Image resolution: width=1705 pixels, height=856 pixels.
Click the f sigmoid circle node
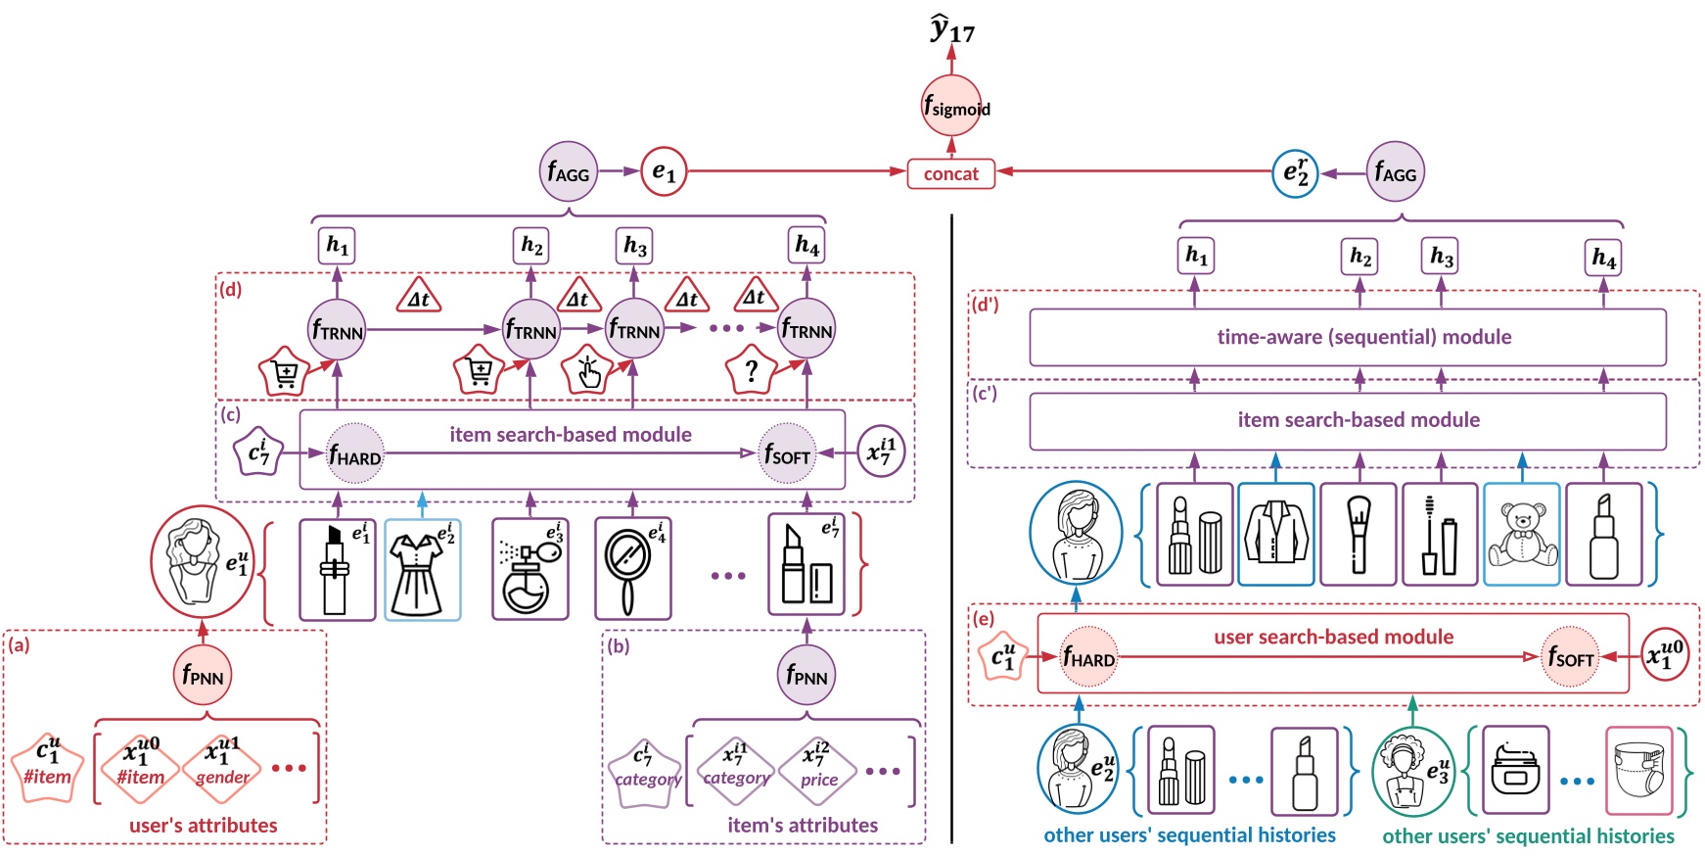pyautogui.click(x=951, y=105)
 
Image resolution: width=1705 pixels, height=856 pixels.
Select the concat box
pyautogui.click(x=950, y=174)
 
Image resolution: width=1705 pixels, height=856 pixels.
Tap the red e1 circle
pyautogui.click(x=664, y=171)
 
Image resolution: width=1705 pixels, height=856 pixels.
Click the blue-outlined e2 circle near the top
pyautogui.click(x=1295, y=173)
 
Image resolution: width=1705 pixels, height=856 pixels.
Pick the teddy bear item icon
pyautogui.click(x=1521, y=535)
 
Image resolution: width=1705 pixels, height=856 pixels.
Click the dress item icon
pyautogui.click(x=422, y=570)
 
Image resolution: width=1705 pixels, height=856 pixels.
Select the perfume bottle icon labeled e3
pyautogui.click(x=530, y=570)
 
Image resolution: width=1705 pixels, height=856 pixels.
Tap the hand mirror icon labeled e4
pyautogui.click(x=632, y=570)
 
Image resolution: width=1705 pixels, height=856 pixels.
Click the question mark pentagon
pyautogui.click(x=751, y=371)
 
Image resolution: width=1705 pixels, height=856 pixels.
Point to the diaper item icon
pyautogui.click(x=1639, y=771)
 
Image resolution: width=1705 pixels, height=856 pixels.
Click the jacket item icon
pyautogui.click(x=1275, y=535)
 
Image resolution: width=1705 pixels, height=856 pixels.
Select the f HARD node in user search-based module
pyautogui.click(x=1088, y=656)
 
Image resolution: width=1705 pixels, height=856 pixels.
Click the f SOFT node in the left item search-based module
pyautogui.click(x=787, y=453)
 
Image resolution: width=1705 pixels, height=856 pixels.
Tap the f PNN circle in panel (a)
pyautogui.click(x=203, y=675)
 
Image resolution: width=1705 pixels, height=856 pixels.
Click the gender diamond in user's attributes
pyautogui.click(x=222, y=766)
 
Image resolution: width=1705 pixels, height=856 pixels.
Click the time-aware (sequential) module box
pyautogui.click(x=1347, y=338)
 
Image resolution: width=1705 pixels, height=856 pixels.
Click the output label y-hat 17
pyautogui.click(x=951, y=29)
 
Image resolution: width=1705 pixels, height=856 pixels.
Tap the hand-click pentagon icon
pyautogui.click(x=587, y=371)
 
